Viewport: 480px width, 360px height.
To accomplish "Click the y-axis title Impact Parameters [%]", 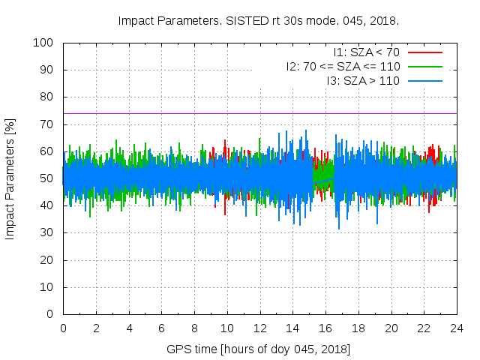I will [10, 178].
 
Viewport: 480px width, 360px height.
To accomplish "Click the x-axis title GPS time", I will [258, 349].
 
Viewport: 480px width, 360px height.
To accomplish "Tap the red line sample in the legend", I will [424, 52].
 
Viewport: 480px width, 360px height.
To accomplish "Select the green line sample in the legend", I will [424, 66].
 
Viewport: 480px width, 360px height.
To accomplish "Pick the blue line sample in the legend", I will [424, 79].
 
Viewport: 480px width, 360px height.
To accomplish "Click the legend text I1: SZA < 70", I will [366, 52].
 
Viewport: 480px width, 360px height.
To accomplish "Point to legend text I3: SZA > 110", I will [363, 79].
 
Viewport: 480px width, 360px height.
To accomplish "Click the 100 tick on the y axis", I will [46, 43].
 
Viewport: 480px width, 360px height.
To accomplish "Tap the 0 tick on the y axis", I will [52, 314].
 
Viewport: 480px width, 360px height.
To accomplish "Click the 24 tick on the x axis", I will [457, 328].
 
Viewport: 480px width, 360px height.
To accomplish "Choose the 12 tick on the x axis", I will [259, 328].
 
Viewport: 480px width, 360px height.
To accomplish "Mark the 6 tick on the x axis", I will [161, 328].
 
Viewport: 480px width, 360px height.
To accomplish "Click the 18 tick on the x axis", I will [358, 328].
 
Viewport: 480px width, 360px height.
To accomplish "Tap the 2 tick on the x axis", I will [96, 328].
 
